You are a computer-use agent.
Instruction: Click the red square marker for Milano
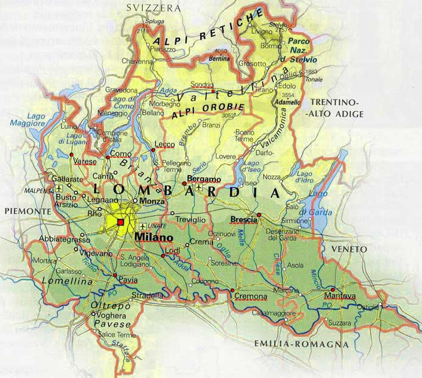[x=121, y=222]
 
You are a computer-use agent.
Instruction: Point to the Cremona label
[x=250, y=297]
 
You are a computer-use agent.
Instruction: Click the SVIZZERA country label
[x=153, y=8]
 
